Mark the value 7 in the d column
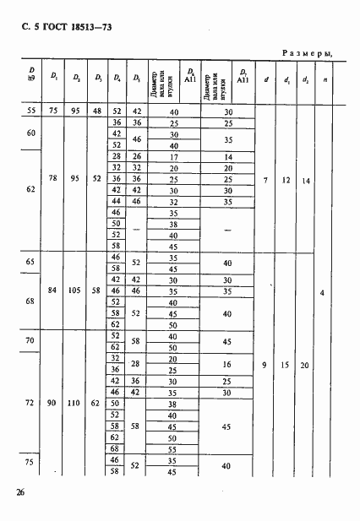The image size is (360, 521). (266, 180)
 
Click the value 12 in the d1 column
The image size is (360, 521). (285, 180)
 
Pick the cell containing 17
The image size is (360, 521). (174, 157)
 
